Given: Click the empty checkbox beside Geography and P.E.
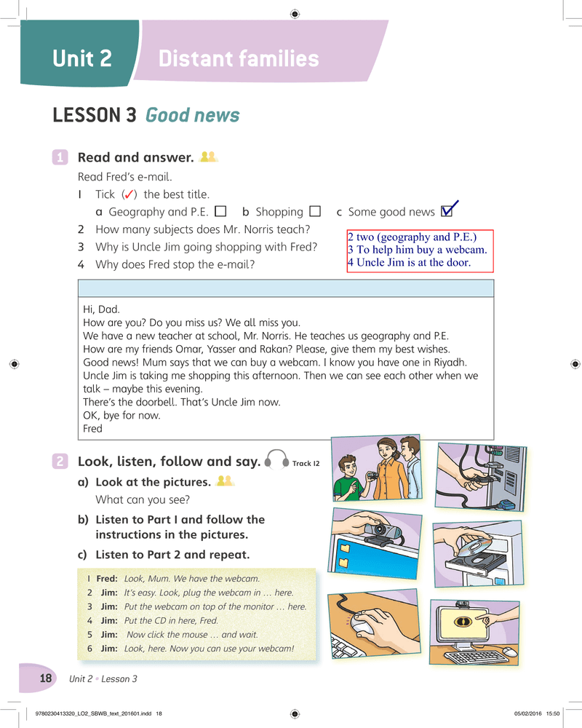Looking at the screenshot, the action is (x=221, y=212).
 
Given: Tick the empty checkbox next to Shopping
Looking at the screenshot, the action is (x=315, y=212).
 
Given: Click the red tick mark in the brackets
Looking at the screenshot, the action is (x=129, y=194).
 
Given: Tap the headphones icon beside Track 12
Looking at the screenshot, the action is (x=277, y=459).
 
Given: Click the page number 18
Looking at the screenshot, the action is (x=46, y=678).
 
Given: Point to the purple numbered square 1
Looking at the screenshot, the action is (x=60, y=157).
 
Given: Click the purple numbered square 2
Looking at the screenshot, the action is (x=60, y=461).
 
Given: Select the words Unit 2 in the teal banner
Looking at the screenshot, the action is (x=82, y=58).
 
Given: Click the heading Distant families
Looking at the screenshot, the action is (x=239, y=58).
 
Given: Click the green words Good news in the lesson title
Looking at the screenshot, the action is (x=193, y=115).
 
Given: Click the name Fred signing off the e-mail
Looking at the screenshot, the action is (x=92, y=429).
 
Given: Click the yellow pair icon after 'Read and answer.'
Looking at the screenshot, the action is (x=208, y=157).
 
